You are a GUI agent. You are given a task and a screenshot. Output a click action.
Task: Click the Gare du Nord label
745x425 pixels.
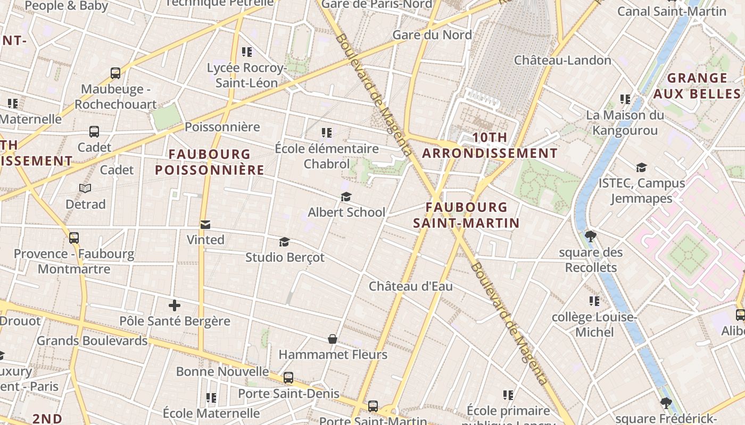coord(432,35)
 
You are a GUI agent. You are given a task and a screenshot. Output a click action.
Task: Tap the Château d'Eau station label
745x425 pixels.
coord(411,286)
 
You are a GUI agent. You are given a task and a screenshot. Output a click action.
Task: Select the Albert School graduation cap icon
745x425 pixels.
coord(346,197)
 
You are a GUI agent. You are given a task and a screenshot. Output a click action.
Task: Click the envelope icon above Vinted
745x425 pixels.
coord(205,225)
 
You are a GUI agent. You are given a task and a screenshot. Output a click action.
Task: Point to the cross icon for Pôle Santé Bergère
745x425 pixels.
coord(175,305)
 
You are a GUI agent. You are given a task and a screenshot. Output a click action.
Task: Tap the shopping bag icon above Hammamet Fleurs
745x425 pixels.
coord(333,339)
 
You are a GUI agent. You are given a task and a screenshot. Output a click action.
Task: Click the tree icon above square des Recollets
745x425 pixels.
coord(590,236)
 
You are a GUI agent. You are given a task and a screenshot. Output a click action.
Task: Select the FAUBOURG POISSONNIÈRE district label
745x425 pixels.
coord(210,162)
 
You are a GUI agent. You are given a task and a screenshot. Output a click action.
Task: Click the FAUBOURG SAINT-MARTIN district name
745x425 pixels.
coord(466,215)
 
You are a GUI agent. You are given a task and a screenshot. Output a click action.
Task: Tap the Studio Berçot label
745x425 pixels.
coord(285,258)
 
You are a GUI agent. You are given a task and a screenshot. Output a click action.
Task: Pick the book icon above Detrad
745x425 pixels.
coord(85,189)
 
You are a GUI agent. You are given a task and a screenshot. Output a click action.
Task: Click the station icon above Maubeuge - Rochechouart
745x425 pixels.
coord(115,73)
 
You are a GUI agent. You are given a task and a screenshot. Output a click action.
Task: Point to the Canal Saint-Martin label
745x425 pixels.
coord(672,11)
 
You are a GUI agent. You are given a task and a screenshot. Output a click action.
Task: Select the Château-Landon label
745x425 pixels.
coord(562,60)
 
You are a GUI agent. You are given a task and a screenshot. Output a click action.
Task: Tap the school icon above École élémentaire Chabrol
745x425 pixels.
coord(327,133)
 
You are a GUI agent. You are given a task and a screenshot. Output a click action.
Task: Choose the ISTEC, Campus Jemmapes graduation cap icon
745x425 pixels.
coord(641,168)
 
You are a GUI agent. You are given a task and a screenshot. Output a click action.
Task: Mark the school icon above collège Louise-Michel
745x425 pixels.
coord(594,301)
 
